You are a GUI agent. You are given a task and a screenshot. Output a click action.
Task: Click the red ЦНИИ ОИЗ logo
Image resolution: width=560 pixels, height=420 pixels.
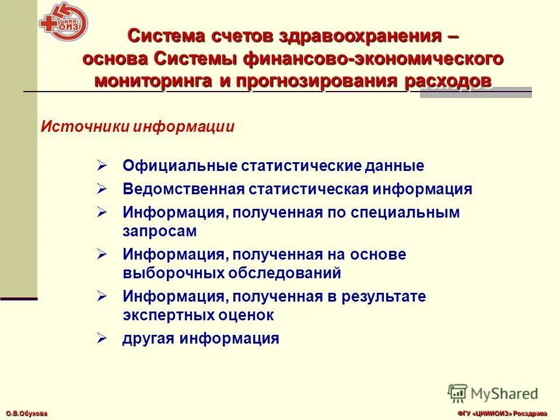[x=64, y=22]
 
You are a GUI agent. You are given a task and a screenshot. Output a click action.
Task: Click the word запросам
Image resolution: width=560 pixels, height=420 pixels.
[x=159, y=231]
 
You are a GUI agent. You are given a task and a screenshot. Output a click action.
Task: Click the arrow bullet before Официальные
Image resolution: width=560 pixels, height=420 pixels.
[x=101, y=166]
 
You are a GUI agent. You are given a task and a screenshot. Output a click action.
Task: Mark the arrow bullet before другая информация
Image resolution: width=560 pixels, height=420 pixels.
[x=101, y=338]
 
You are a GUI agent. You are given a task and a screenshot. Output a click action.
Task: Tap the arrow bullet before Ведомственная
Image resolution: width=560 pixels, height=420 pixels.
[x=101, y=190]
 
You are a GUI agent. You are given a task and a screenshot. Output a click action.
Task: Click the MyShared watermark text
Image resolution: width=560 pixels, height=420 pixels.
[x=504, y=393]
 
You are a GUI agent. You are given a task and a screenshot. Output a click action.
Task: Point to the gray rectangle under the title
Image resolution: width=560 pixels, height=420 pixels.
[x=475, y=93]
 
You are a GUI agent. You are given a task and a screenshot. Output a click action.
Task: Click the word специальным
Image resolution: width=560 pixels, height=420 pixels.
[x=405, y=213]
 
